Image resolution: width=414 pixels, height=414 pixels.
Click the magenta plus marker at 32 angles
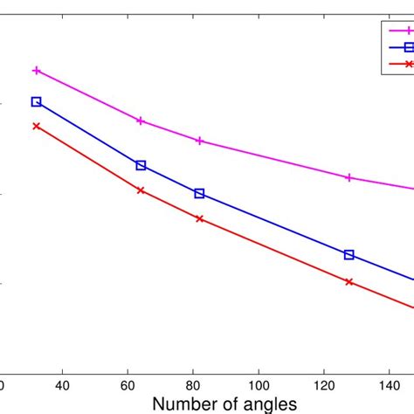click(x=37, y=70)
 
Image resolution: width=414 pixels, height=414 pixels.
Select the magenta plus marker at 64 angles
click(x=141, y=121)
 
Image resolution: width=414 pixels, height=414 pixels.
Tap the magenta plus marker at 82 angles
click(x=200, y=141)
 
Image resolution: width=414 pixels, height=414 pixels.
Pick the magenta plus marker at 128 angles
click(x=349, y=177)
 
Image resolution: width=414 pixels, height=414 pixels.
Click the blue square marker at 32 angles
click(x=37, y=101)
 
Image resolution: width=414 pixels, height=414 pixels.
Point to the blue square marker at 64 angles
click(x=141, y=165)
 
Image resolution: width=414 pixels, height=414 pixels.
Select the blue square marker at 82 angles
click(x=199, y=193)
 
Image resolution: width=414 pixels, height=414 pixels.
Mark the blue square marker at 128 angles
click(x=349, y=255)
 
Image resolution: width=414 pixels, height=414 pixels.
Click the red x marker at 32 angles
click(x=37, y=126)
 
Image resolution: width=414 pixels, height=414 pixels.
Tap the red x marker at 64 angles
click(x=141, y=190)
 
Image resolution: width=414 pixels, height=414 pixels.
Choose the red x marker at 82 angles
click(x=200, y=218)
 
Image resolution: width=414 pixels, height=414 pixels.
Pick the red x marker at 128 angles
click(x=349, y=282)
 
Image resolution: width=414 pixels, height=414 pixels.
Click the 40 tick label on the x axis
click(x=63, y=385)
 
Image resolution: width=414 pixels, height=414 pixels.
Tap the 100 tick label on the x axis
click(x=259, y=385)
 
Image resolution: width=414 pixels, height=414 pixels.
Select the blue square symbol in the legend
click(x=408, y=47)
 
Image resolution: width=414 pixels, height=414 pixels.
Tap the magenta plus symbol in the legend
click(x=408, y=31)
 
